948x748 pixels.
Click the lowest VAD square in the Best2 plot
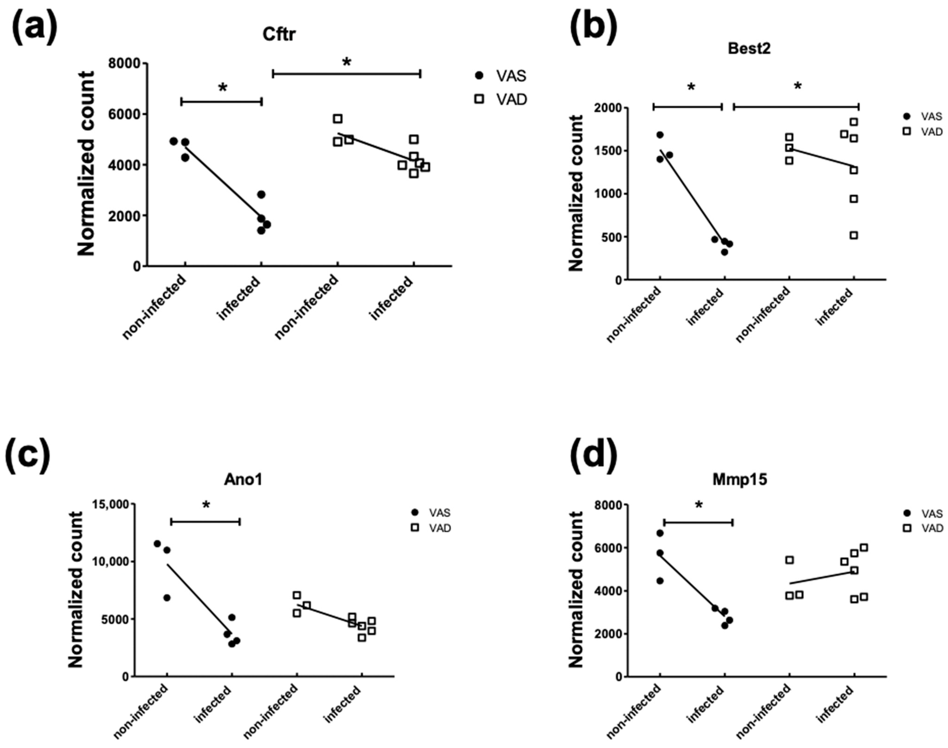pyautogui.click(x=854, y=236)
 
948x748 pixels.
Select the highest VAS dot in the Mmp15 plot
pyautogui.click(x=660, y=533)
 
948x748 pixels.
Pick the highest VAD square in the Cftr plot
pyautogui.click(x=337, y=119)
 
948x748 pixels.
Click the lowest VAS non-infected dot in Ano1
pyautogui.click(x=167, y=598)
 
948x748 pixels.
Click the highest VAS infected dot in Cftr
pyautogui.click(x=261, y=194)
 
